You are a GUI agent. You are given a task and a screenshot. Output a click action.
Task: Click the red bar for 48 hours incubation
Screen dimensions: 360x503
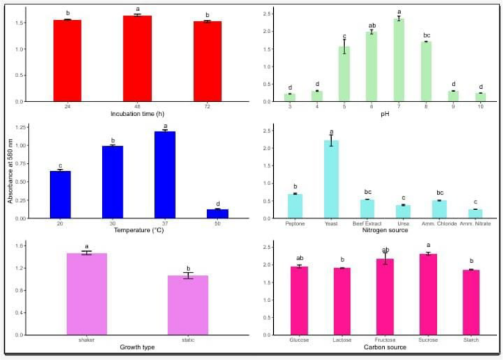pos(137,59)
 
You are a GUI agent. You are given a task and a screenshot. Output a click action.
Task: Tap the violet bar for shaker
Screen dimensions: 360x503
pos(87,294)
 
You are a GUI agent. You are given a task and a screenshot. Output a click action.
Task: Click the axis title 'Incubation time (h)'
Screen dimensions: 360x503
pos(137,115)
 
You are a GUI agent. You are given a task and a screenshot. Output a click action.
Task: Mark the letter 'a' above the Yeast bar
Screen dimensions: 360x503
pos(331,132)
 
